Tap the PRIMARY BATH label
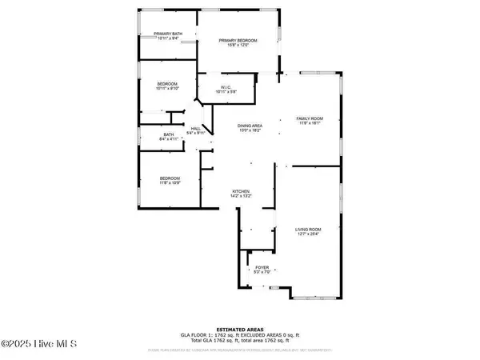[x=169, y=33]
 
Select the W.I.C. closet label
[x=226, y=87]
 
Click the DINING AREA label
[x=251, y=126]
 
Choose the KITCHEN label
[x=242, y=192]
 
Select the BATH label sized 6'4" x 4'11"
[x=169, y=134]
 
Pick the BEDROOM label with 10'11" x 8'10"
[x=167, y=84]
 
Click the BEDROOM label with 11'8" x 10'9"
[x=170, y=178]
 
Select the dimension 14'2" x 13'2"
[x=242, y=198]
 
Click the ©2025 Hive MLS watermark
[x=38, y=344]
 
